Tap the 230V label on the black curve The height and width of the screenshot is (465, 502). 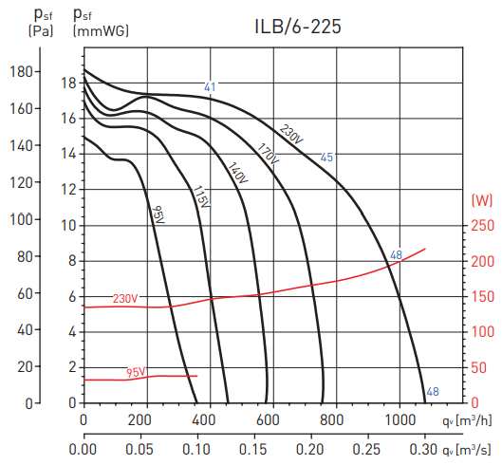tap(291, 135)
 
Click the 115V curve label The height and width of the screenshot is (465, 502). tap(201, 196)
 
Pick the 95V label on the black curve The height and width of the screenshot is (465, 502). tap(158, 215)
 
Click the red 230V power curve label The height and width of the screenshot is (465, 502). tap(125, 299)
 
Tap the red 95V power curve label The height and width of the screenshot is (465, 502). tap(136, 372)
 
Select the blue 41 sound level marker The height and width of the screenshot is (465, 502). tap(210, 87)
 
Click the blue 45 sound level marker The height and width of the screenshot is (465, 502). tap(326, 158)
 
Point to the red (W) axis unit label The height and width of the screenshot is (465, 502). tap(481, 200)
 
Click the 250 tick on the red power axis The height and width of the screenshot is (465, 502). tap(483, 225)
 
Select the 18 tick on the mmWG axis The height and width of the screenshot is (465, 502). tap(67, 83)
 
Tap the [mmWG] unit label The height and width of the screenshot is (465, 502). tap(101, 31)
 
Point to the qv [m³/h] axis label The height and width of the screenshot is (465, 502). tap(467, 420)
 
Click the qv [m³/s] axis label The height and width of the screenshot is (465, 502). tap(467, 449)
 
